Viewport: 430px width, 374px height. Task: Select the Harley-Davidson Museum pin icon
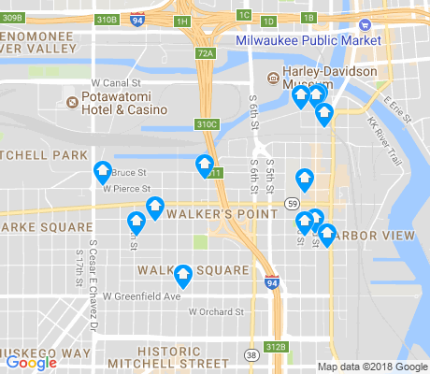(x=273, y=78)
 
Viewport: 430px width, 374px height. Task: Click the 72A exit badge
(x=207, y=53)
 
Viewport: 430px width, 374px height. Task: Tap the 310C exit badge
(x=207, y=123)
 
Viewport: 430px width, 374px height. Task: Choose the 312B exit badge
(x=276, y=346)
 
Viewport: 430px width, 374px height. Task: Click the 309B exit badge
(x=11, y=18)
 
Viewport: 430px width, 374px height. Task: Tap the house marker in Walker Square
(x=184, y=276)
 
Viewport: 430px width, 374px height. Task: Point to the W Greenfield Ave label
(x=141, y=296)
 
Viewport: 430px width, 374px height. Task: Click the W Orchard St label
(x=215, y=311)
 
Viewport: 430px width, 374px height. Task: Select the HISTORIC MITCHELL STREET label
(x=168, y=356)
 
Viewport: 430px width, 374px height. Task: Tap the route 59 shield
(x=294, y=204)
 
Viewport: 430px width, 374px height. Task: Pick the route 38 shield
(x=251, y=354)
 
